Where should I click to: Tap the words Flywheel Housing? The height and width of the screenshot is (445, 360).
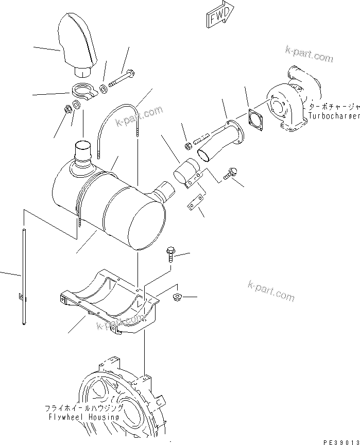[x=82, y=417]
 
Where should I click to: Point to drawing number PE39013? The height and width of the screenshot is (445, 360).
[x=340, y=441]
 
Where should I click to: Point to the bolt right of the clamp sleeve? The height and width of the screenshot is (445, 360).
[x=230, y=175]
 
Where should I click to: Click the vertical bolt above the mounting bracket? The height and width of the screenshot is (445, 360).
[x=170, y=255]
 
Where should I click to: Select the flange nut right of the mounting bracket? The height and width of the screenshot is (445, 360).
[x=178, y=297]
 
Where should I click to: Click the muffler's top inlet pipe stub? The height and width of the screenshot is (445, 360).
[x=82, y=153]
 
